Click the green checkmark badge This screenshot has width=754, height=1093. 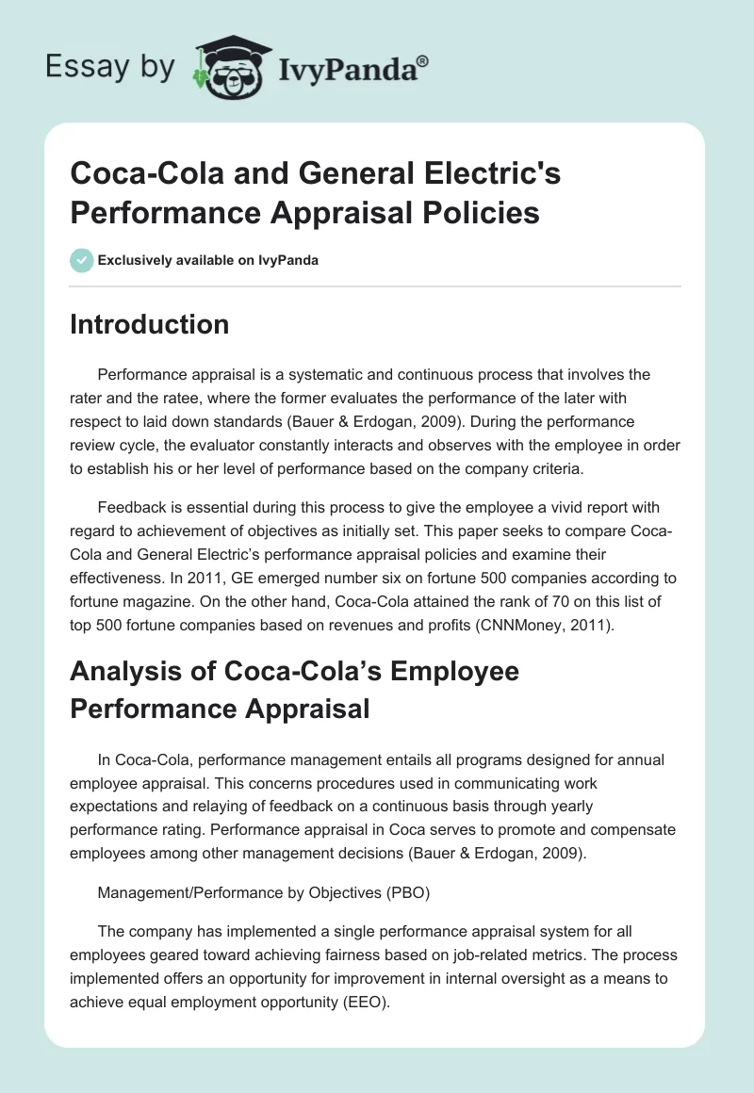click(x=81, y=260)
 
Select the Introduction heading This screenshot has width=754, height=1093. click(x=150, y=324)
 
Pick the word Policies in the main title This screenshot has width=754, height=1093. click(x=477, y=213)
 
